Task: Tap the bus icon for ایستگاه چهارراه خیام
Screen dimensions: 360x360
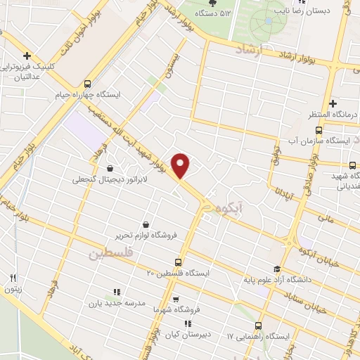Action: [x=87, y=82]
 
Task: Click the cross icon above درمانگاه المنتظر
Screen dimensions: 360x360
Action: [x=332, y=103]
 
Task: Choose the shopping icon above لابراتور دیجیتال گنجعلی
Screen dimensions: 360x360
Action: [x=110, y=168]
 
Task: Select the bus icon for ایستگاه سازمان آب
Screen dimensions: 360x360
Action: [x=319, y=130]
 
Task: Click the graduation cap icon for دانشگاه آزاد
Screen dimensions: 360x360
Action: [x=277, y=269]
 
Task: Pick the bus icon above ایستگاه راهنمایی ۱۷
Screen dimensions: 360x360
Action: [x=259, y=326]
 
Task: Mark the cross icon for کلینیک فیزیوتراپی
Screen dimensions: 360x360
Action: [x=26, y=56]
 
